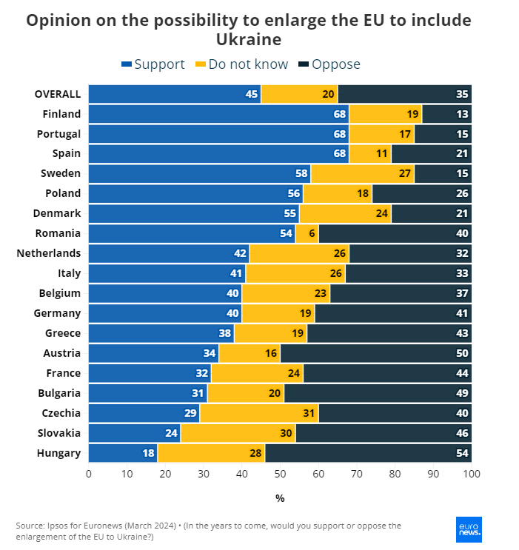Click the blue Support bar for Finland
(218, 114)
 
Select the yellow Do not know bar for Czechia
(259, 413)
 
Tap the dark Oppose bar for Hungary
(368, 453)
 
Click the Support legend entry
(153, 64)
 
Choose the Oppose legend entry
(329, 64)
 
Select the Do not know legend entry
(241, 64)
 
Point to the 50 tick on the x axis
(280, 473)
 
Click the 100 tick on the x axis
(472, 473)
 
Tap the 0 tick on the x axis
(89, 473)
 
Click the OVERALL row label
(58, 94)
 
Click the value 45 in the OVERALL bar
(252, 94)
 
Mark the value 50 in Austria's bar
(461, 353)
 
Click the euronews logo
(469, 528)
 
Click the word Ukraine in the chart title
(249, 39)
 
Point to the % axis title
(280, 498)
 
